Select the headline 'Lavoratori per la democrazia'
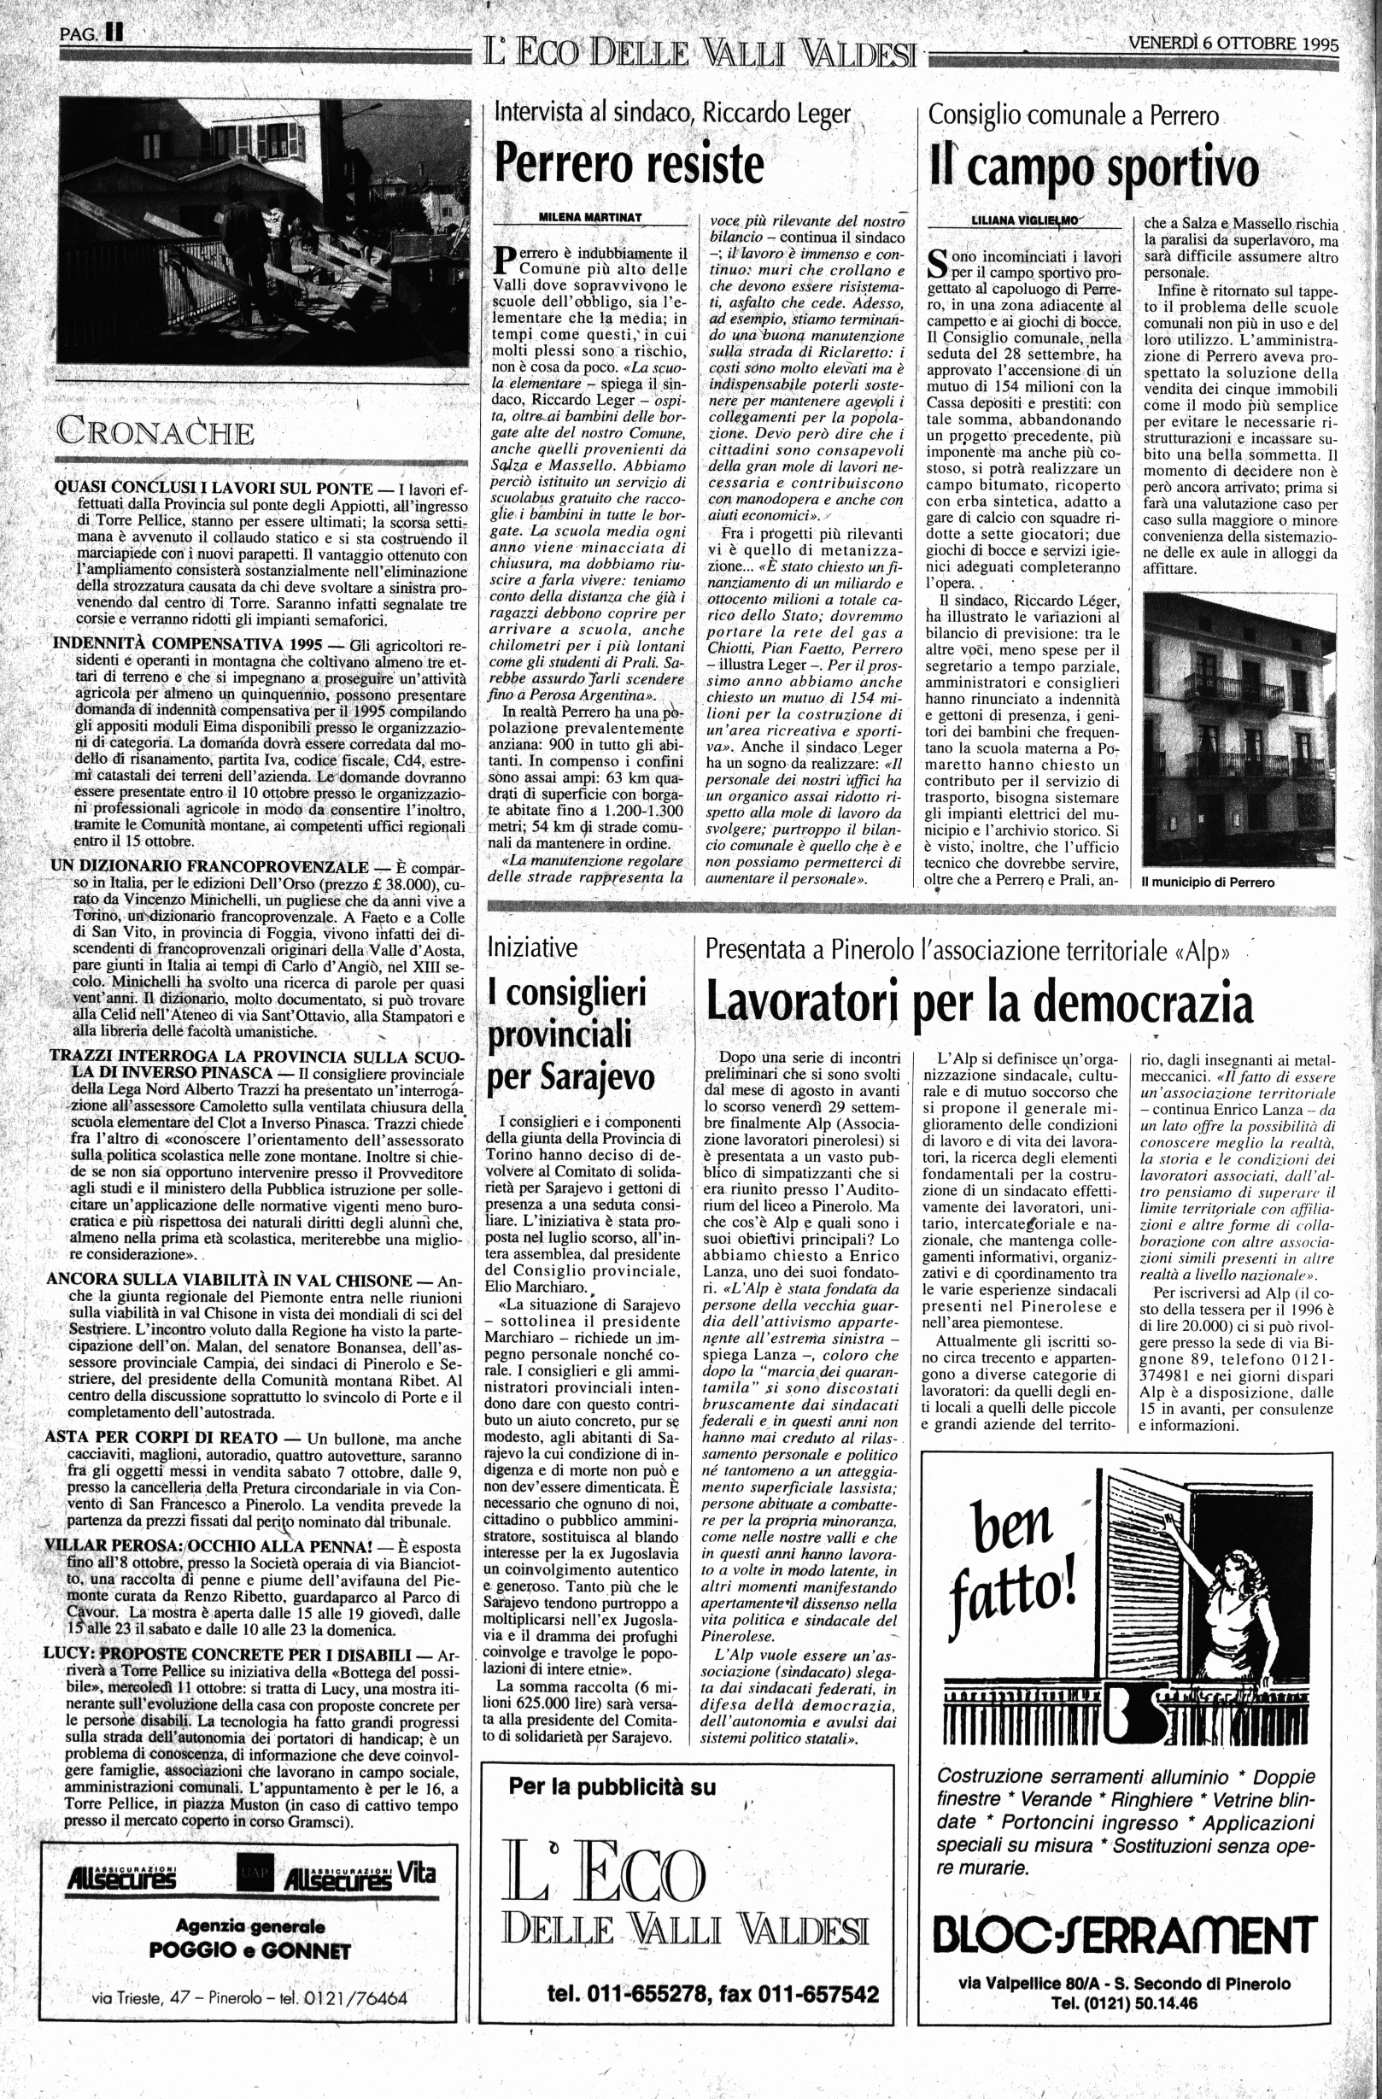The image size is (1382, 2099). click(980, 1002)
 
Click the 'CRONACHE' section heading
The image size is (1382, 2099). click(156, 433)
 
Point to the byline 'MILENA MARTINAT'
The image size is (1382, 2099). click(590, 217)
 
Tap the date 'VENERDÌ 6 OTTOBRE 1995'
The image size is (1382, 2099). click(1233, 44)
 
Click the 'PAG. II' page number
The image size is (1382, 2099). click(91, 34)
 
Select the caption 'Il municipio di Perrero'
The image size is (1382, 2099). click(1208, 882)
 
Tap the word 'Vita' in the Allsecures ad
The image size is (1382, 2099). click(415, 1873)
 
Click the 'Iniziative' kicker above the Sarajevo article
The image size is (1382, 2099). click(533, 948)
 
